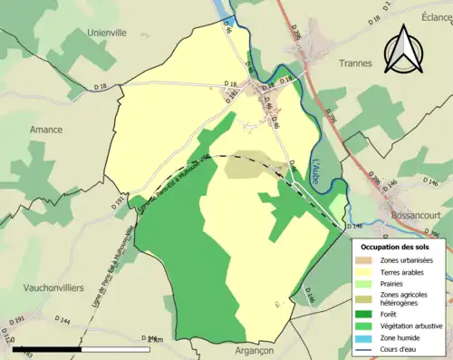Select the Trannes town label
point(356,63)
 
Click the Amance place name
point(46,130)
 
